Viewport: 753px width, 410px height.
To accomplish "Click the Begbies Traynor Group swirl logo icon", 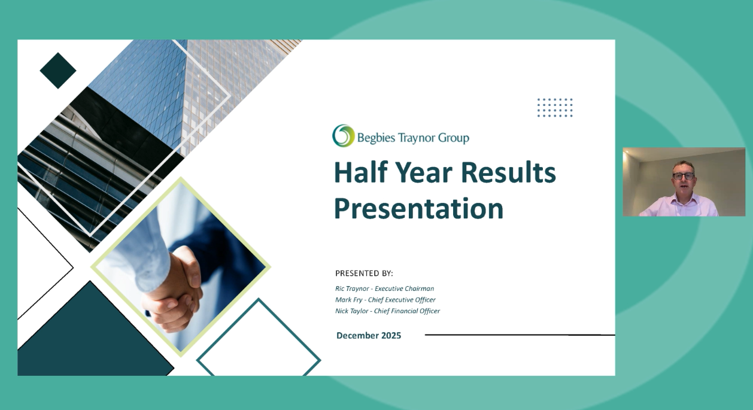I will click(x=344, y=136).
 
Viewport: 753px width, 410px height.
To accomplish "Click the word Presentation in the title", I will click(x=418, y=208).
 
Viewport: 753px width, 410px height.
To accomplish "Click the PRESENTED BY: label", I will click(x=364, y=274).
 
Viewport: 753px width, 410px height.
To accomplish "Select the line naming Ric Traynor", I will click(x=384, y=288).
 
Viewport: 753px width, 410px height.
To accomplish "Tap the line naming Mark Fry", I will click(x=385, y=300).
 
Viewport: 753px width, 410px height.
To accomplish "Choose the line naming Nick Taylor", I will click(x=387, y=311).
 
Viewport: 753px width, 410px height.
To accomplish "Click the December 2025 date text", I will click(x=369, y=335).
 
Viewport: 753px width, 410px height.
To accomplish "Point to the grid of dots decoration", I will click(x=554, y=108).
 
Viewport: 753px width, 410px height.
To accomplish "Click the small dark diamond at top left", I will click(x=58, y=71).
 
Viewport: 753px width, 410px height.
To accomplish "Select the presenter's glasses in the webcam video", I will click(x=684, y=177).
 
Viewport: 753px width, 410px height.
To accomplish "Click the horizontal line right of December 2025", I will click(x=515, y=335).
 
